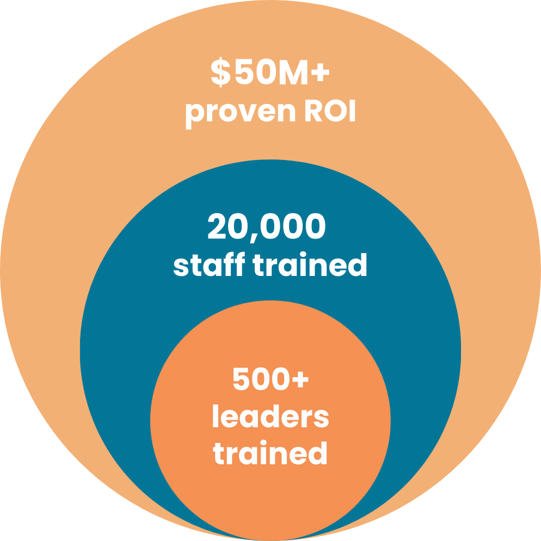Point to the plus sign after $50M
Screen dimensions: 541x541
point(318,74)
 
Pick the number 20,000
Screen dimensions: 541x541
point(266,227)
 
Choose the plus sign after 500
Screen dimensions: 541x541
point(299,380)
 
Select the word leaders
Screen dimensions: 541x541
point(270,417)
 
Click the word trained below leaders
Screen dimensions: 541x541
point(270,453)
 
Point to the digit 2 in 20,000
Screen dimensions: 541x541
point(218,227)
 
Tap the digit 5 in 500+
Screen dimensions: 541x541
point(242,379)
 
